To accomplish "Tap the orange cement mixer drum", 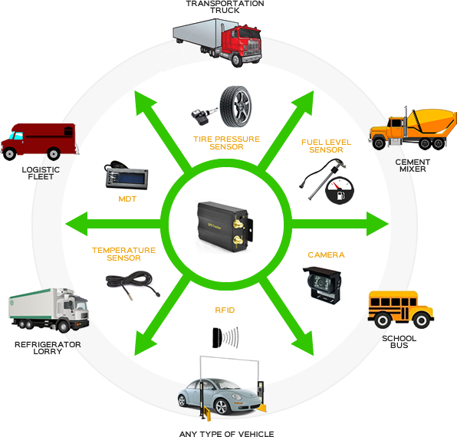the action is click(432, 120).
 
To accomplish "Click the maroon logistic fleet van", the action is click(40, 142).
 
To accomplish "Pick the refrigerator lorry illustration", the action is click(49, 310).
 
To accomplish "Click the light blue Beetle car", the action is click(220, 396).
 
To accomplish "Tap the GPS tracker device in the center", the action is click(225, 226).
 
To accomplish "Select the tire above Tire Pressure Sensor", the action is click(236, 107).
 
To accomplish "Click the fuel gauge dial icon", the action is click(340, 191).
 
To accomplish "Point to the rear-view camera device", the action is click(322, 284).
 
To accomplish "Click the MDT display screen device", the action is click(127, 176).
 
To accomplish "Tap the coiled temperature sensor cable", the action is click(133, 284).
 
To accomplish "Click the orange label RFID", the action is click(225, 310).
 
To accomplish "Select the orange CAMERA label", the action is click(326, 255).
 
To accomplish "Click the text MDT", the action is click(127, 199).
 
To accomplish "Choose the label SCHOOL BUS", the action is click(399, 342).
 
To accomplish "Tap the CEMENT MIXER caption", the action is click(413, 166).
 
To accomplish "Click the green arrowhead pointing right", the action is click(377, 224).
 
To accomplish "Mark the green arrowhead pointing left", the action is click(77, 224).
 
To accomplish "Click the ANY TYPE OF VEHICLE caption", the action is click(226, 434).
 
